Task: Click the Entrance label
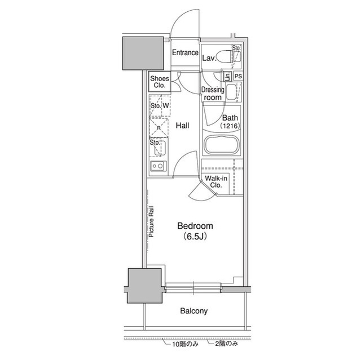185,54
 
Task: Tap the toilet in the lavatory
226,56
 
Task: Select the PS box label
239,76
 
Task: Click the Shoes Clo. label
159,82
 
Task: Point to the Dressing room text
213,94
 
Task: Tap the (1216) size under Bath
231,126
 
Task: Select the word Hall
182,126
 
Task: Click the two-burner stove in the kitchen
157,166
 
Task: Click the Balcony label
193,311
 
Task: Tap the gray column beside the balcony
145,286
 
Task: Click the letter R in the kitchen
159,128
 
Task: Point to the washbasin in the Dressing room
232,93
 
